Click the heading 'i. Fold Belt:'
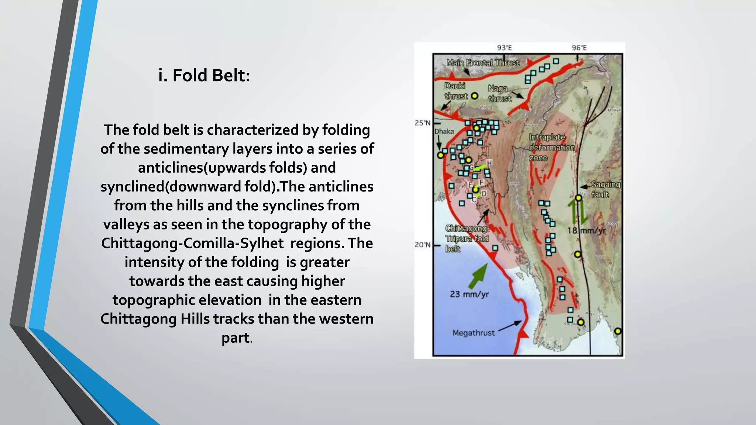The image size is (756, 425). click(204, 75)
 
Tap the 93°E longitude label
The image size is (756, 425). click(504, 48)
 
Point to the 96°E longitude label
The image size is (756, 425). click(579, 48)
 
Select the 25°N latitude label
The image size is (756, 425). click(422, 123)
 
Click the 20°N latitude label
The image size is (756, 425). click(422, 245)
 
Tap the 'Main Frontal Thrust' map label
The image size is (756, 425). click(483, 63)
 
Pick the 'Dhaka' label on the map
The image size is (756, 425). click(444, 131)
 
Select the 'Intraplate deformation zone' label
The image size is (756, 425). click(551, 148)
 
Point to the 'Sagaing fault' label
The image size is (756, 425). click(605, 189)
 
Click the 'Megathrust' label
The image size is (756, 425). click(473, 333)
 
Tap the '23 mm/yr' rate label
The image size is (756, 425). click(469, 294)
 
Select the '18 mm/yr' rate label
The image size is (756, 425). click(587, 231)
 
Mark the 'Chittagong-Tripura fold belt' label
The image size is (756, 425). click(467, 239)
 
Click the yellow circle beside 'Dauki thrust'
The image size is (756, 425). click(475, 96)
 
